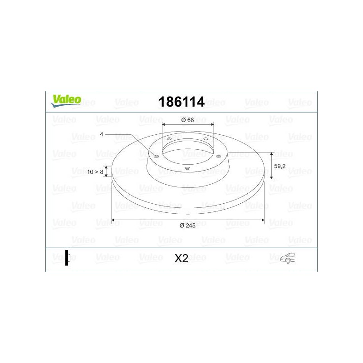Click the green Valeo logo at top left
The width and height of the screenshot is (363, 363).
66,101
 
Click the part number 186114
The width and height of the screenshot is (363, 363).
181,102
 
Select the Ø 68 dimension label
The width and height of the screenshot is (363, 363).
187,120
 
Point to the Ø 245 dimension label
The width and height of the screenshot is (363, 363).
187,226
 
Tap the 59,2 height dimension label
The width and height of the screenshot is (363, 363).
280,166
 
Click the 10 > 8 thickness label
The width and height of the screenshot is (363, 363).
95,172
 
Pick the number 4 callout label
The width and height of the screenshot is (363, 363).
101,134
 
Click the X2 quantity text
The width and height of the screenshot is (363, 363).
181,258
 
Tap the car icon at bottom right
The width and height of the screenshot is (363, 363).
287,258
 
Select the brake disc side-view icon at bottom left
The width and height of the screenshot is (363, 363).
67,258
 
